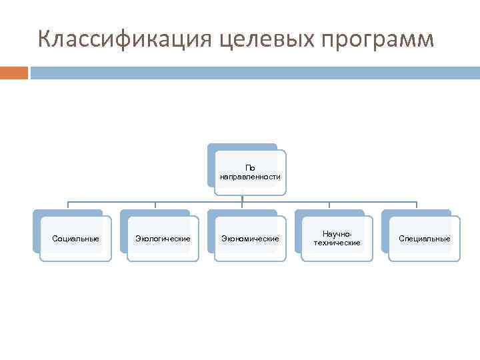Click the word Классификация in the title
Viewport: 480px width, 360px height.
tap(124, 39)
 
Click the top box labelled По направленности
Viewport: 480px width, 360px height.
tap(250, 173)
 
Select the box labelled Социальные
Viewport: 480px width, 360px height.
tap(75, 239)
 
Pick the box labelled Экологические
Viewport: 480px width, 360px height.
tap(163, 239)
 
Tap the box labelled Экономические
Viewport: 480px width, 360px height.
tap(250, 239)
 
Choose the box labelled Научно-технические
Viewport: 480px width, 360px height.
tap(337, 239)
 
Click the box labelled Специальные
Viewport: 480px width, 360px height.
tap(424, 239)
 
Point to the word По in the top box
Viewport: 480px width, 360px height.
tap(250, 168)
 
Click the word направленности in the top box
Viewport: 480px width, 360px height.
tap(250, 177)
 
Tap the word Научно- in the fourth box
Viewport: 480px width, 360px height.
tap(337, 234)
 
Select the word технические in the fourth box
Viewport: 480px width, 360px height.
tap(337, 243)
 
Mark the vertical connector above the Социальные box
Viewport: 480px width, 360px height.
tap(67, 205)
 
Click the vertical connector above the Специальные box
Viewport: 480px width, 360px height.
tap(417, 205)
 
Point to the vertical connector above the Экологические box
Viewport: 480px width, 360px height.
tap(155, 205)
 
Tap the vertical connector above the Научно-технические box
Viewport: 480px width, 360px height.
tap(329, 205)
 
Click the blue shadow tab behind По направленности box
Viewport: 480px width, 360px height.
tap(241, 147)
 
